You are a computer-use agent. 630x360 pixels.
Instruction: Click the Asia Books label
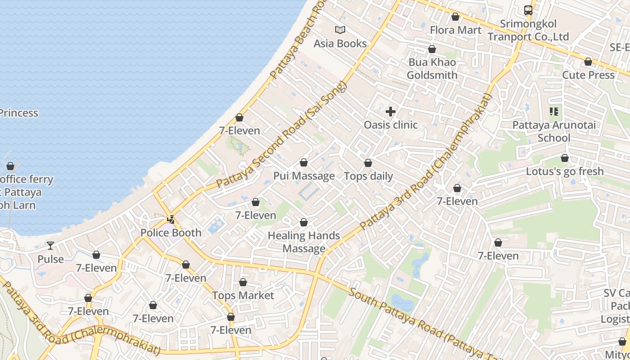pos(340,44)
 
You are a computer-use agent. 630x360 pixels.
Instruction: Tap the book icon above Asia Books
pos(340,30)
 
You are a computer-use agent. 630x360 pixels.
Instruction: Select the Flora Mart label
pos(455,30)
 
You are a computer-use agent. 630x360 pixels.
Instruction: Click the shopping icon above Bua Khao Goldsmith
pos(432,49)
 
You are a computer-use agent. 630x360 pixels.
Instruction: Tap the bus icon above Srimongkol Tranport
pos(528,10)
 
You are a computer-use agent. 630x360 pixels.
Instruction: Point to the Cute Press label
pos(588,75)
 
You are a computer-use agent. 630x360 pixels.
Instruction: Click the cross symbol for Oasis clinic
pos(391,111)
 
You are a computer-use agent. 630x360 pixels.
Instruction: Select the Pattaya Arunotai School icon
pos(553,111)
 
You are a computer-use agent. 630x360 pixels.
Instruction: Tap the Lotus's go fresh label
pos(565,171)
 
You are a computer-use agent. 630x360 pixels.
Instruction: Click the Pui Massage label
pos(304,176)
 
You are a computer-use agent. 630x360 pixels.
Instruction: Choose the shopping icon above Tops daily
pos(368,163)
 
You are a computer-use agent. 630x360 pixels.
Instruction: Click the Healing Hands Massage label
pos(304,242)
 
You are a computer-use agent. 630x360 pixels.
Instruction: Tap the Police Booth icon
pos(171,220)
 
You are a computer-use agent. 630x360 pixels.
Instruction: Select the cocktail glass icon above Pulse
pos(50,246)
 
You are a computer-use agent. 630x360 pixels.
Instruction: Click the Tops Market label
pos(243,296)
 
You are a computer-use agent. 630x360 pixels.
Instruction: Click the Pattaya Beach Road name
pos(297,40)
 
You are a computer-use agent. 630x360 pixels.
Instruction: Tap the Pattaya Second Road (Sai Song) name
pos(282,135)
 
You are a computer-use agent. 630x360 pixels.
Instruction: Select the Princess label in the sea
pos(19,113)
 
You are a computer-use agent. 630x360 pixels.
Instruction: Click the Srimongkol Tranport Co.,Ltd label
pos(528,30)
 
